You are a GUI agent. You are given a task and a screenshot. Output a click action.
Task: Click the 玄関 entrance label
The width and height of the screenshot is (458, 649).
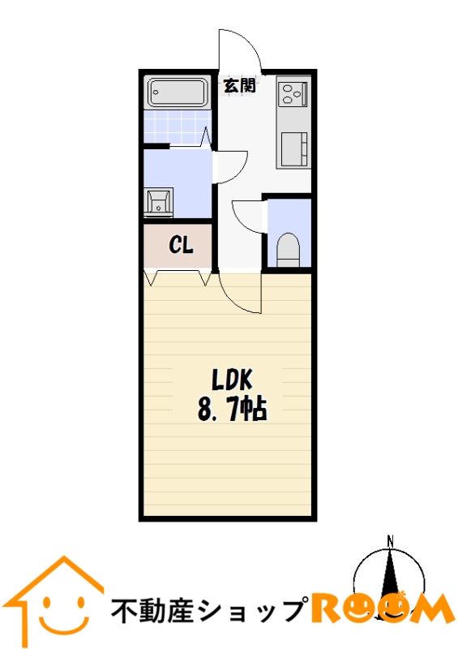pyautogui.click(x=240, y=85)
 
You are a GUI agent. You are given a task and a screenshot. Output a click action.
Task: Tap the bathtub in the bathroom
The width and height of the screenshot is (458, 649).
pyautogui.click(x=178, y=92)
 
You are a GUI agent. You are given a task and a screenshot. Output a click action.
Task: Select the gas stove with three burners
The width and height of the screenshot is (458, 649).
pyautogui.click(x=293, y=93)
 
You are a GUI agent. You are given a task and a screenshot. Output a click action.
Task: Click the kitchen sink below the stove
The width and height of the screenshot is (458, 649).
pyautogui.click(x=294, y=149)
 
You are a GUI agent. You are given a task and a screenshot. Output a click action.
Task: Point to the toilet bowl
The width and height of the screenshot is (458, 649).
pyautogui.click(x=288, y=250)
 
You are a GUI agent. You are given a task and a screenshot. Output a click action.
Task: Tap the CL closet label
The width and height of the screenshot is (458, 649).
pyautogui.click(x=181, y=246)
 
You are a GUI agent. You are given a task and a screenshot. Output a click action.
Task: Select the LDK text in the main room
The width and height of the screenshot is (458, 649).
pyautogui.click(x=232, y=380)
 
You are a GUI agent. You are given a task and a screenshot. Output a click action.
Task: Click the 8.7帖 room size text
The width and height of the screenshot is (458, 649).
pyautogui.click(x=232, y=410)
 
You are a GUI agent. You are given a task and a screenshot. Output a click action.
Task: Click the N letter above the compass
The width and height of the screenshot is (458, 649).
pyautogui.click(x=390, y=540)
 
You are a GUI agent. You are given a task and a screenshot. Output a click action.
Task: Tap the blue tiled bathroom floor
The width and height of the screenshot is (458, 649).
pyautogui.click(x=177, y=127)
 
